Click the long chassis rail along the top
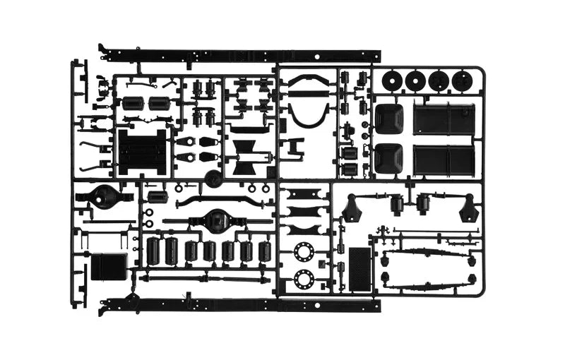pyautogui.click(x=240, y=55)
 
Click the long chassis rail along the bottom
pyautogui.click(x=240, y=306)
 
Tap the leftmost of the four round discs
pyautogui.click(x=391, y=80)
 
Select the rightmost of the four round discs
pyautogui.click(x=462, y=80)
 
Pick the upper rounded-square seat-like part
pyautogui.click(x=388, y=119)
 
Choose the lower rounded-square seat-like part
pyautogui.click(x=388, y=158)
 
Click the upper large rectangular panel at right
pyautogui.click(x=444, y=119)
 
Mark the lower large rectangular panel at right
pyautogui.click(x=444, y=160)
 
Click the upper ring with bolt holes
pyautogui.click(x=304, y=251)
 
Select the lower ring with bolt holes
pyautogui.click(x=304, y=280)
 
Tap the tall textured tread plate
pyautogui.click(x=360, y=268)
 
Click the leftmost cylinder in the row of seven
pyautogui.click(x=153, y=250)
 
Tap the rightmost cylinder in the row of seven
pyautogui.click(x=264, y=251)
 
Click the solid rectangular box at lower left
pyautogui.click(x=108, y=266)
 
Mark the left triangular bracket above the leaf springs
pyautogui.click(x=351, y=209)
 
